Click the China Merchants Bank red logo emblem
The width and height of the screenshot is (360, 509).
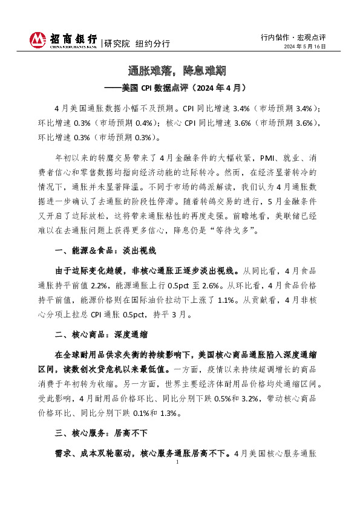(37, 40)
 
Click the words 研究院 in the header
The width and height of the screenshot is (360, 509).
(116, 44)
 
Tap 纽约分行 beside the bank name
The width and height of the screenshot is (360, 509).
(152, 44)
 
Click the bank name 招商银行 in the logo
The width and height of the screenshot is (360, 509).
(73, 38)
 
